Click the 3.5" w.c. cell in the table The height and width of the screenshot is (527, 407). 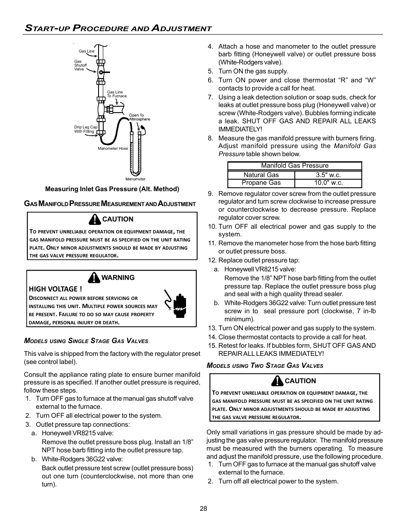point(328,175)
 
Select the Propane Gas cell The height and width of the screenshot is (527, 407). point(261,183)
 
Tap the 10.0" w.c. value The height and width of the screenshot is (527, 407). point(328,183)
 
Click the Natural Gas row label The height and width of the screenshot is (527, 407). point(261,175)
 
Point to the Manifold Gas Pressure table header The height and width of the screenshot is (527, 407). point(294,166)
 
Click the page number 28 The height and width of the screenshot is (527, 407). point(203,508)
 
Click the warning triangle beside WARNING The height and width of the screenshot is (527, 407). point(94,278)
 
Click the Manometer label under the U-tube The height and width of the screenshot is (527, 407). point(135,179)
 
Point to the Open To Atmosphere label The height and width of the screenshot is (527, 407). point(140,117)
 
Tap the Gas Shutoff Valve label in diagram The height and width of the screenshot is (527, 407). point(80,65)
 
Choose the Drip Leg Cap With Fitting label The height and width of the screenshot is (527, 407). point(85,129)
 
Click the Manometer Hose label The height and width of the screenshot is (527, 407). point(113,148)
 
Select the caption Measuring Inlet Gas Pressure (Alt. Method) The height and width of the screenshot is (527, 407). point(112,189)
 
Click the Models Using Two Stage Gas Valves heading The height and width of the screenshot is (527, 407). point(265,366)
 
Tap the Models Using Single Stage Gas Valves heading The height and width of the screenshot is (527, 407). point(86,341)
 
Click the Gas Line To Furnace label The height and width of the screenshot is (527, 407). point(116,94)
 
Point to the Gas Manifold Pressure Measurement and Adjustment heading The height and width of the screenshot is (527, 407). point(110,204)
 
